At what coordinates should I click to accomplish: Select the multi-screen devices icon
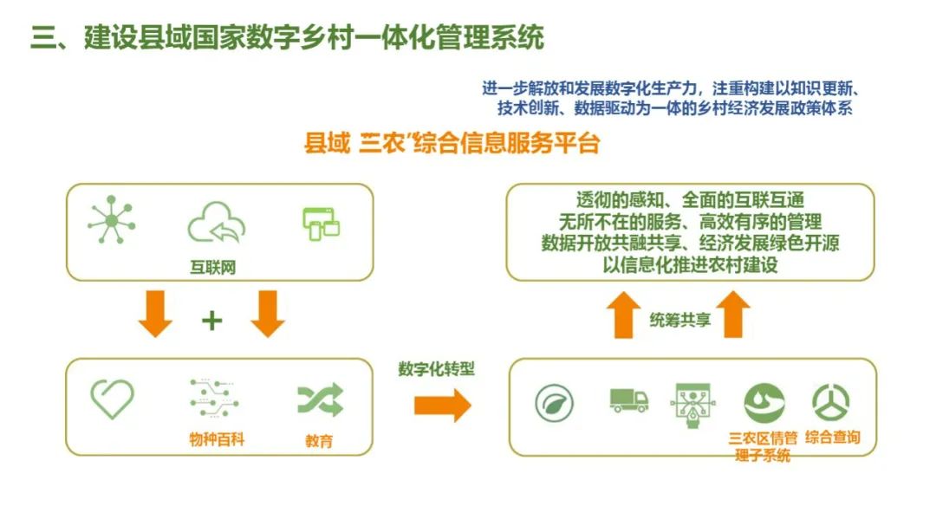click(x=321, y=224)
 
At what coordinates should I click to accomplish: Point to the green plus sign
click(x=211, y=321)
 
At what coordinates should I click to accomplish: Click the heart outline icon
click(x=113, y=399)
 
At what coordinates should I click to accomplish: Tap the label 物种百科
click(x=217, y=439)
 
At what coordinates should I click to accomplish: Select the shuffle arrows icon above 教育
click(x=320, y=399)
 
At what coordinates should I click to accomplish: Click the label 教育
click(x=318, y=441)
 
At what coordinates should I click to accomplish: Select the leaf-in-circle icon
click(x=554, y=403)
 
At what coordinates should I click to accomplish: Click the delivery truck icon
click(x=628, y=399)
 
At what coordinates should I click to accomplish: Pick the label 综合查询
click(x=832, y=438)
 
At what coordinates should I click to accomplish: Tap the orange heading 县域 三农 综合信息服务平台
click(x=452, y=144)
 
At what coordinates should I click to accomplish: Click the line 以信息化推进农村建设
click(x=690, y=265)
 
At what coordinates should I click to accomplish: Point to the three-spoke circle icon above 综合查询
click(x=830, y=401)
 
